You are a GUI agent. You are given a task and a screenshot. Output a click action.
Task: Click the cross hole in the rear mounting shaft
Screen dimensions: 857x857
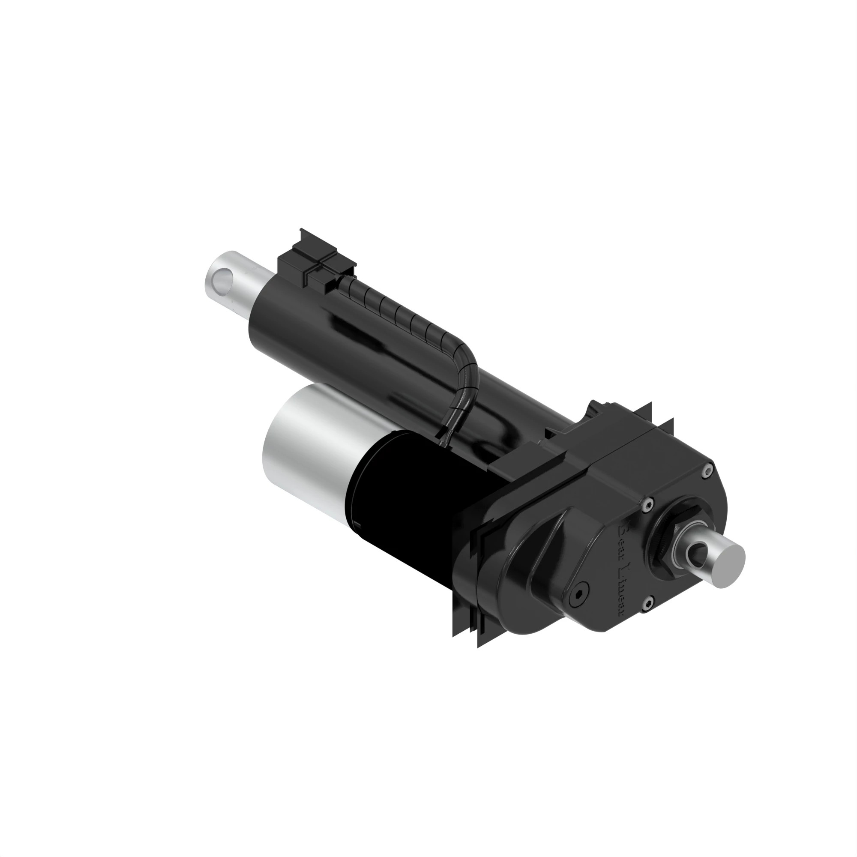coord(694,552)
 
